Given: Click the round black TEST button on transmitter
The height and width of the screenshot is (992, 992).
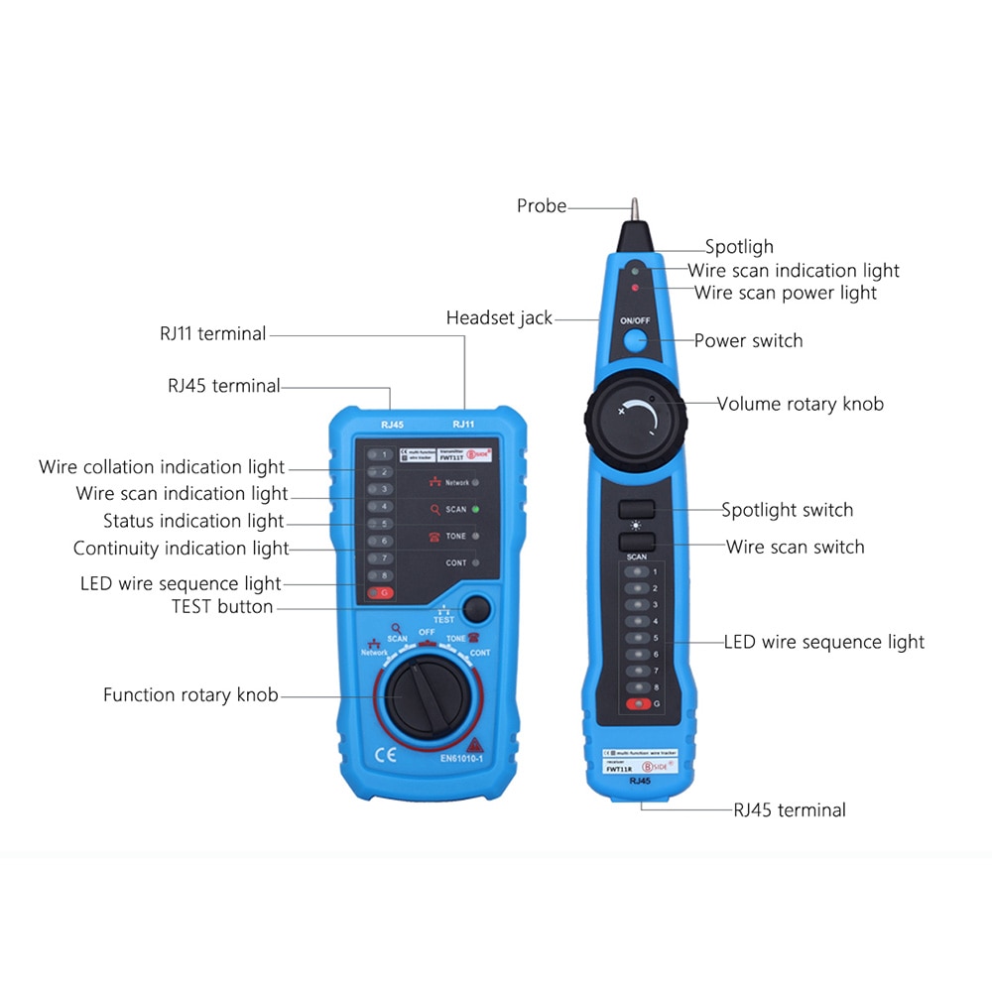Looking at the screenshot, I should click(x=478, y=608).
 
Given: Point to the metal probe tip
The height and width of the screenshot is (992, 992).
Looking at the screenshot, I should click(x=632, y=209).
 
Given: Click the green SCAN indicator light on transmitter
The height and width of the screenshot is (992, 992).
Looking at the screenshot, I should click(x=476, y=509).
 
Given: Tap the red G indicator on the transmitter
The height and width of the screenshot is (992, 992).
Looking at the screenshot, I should click(x=380, y=593).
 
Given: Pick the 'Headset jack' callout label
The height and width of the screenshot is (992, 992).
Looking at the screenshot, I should click(x=499, y=318).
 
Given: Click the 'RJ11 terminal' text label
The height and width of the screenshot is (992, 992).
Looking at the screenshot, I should click(x=212, y=334).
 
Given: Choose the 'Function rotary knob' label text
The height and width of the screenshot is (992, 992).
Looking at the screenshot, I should click(x=190, y=695).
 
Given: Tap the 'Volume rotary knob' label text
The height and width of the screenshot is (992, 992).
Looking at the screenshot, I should click(x=800, y=404).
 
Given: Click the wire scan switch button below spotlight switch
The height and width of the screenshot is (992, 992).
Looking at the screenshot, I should click(x=636, y=542).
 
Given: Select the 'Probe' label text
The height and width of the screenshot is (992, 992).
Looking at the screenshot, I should click(x=542, y=206).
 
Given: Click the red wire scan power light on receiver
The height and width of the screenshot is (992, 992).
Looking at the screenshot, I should click(x=635, y=287).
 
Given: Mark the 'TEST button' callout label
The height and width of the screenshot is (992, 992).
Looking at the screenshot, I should click(x=222, y=607).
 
